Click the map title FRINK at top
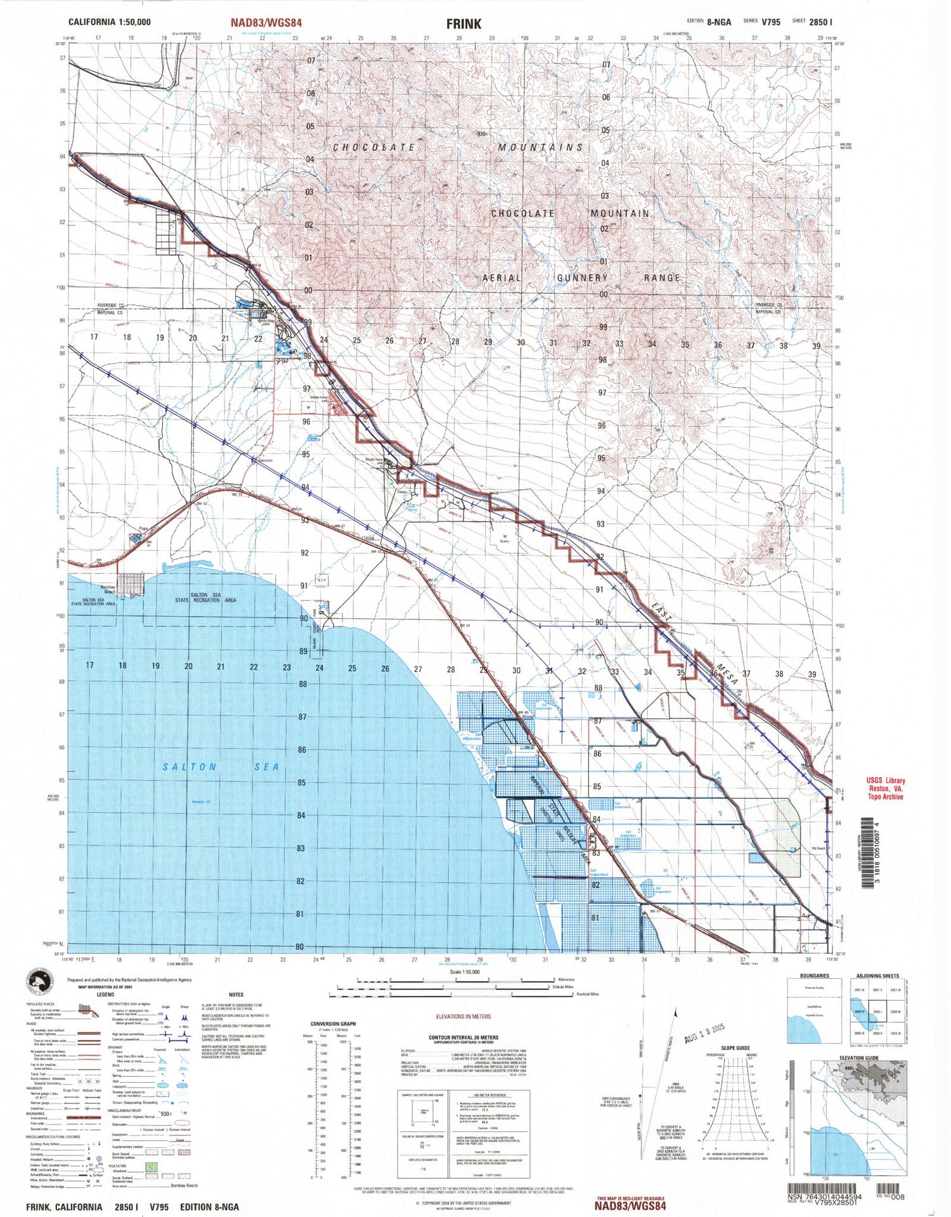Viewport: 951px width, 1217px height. [463, 23]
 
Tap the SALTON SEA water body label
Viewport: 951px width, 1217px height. [221, 766]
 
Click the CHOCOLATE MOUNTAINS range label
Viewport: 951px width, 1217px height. [458, 147]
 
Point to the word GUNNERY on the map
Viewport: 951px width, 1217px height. [582, 278]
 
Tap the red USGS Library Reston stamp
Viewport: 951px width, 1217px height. [886, 789]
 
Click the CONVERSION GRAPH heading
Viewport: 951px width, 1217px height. [333, 1024]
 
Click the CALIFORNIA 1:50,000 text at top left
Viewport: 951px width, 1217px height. [110, 22]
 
